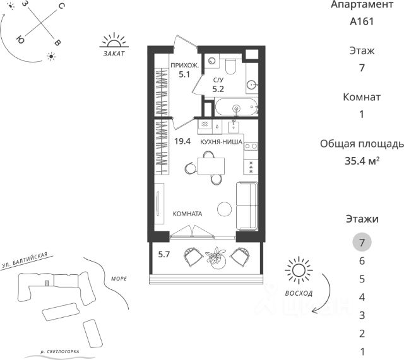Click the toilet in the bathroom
pos(230,66)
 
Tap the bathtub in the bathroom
pos(236,107)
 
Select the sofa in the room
pos(247,206)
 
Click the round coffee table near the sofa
pos(225,209)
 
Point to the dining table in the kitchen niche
pos(211,166)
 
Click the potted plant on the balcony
pos(216,258)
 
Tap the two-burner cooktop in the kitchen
pos(251,146)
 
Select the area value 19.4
pos(182,141)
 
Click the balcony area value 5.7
pos(164,255)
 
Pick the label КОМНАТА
pos(187,214)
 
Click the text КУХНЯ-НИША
pos(222,142)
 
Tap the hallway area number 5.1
pos(184,74)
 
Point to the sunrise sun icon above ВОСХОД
pos(299,270)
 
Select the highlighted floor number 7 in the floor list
pos(362,242)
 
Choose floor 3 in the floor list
pos(362,315)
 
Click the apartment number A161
pos(362,21)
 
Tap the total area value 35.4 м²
pos(362,161)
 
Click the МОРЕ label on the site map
pos(119,279)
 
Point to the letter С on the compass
pos(62,6)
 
